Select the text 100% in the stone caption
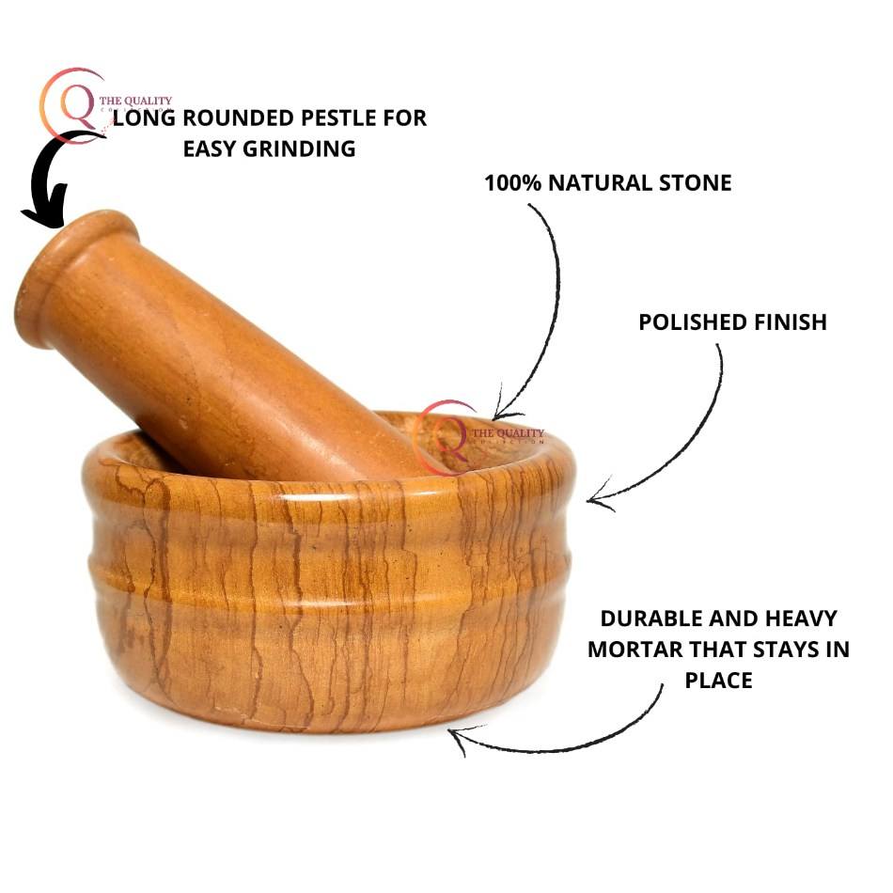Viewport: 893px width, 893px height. [x=512, y=182]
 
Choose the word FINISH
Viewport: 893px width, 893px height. [x=789, y=322]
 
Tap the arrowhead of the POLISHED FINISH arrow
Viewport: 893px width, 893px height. [x=596, y=501]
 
